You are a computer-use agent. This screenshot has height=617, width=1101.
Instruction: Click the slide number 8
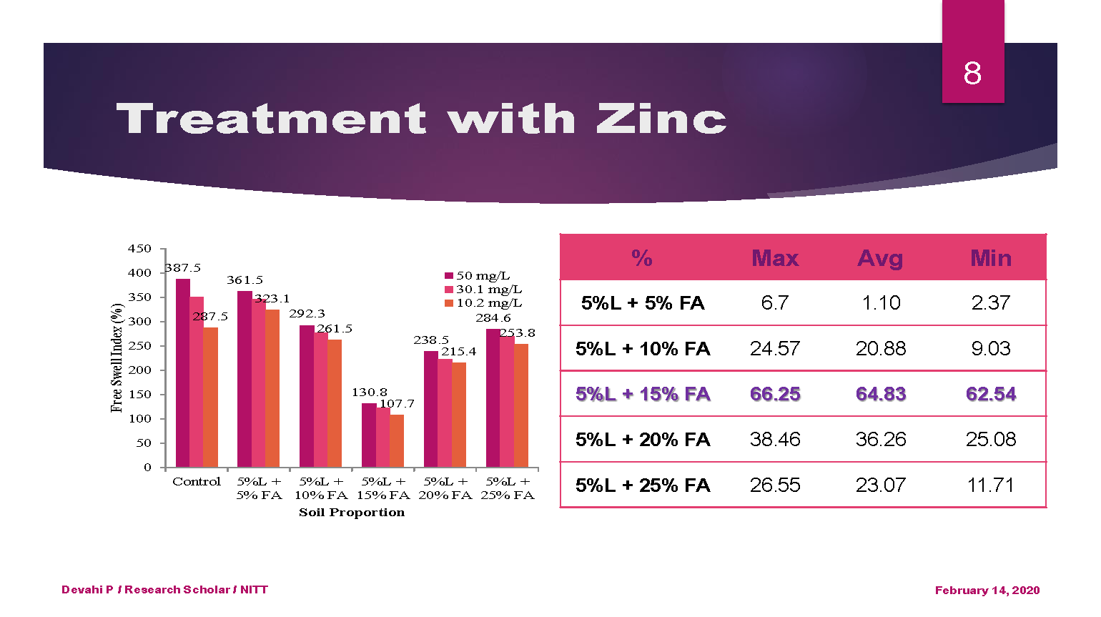pyautogui.click(x=972, y=73)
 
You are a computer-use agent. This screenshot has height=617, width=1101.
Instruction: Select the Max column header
pyautogui.click(x=775, y=258)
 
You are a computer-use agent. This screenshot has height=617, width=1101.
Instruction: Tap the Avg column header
pyautogui.click(x=880, y=258)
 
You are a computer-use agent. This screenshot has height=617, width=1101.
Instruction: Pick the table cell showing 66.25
pyautogui.click(x=775, y=394)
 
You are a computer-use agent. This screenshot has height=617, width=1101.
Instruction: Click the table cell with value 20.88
pyautogui.click(x=880, y=349)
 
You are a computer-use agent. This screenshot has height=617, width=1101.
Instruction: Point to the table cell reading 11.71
pyautogui.click(x=990, y=485)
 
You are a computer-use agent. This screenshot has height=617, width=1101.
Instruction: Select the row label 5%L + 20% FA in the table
pyautogui.click(x=643, y=440)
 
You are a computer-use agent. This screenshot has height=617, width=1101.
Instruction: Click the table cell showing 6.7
pyautogui.click(x=775, y=303)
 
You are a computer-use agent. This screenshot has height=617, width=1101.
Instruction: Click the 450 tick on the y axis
pyautogui.click(x=139, y=249)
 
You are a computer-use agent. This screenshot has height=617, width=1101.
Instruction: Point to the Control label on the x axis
pyautogui.click(x=197, y=482)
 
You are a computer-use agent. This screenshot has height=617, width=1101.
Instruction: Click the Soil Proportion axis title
pyautogui.click(x=352, y=513)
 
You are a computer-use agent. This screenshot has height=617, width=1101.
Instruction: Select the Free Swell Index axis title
pyautogui.click(x=117, y=357)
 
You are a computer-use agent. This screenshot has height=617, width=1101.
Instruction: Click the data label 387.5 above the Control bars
pyautogui.click(x=183, y=268)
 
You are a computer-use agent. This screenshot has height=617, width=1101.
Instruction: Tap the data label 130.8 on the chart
pyautogui.click(x=369, y=393)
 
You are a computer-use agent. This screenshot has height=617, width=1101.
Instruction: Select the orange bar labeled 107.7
pyautogui.click(x=397, y=440)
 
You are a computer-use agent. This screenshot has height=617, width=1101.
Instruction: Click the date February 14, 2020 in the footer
pyautogui.click(x=987, y=590)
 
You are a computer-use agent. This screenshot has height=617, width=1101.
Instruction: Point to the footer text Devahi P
pyautogui.click(x=87, y=590)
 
